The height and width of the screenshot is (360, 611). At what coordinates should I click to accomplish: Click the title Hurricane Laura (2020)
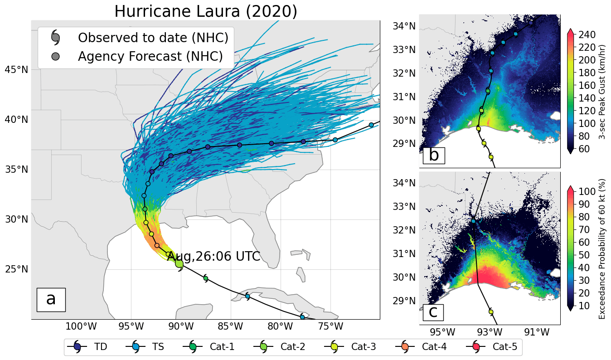(206, 11)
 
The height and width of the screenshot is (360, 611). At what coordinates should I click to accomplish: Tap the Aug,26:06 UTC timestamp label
(213, 256)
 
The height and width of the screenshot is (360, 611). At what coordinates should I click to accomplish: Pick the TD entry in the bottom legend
(87, 347)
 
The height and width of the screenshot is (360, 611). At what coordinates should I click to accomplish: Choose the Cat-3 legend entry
(350, 347)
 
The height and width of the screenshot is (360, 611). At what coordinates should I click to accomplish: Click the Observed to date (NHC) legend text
(153, 38)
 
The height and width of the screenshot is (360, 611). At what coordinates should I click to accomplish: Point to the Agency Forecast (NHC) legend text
(150, 57)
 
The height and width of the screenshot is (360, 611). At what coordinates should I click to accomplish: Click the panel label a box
(51, 299)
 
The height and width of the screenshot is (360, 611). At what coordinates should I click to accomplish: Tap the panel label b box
(434, 156)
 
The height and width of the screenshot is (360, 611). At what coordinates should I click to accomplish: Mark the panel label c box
(433, 312)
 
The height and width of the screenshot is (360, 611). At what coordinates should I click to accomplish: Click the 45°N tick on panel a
(16, 70)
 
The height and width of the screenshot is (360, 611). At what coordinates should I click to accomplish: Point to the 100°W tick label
(81, 326)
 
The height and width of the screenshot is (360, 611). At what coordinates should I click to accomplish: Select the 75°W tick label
(330, 326)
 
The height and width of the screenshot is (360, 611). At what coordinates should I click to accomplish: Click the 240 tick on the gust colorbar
(587, 34)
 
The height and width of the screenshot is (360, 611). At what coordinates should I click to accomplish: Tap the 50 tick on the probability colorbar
(584, 255)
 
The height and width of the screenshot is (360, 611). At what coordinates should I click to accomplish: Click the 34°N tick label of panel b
(404, 26)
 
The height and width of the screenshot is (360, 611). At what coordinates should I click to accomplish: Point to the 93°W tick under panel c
(490, 332)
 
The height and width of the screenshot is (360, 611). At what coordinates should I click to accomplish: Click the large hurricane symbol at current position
(179, 264)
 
